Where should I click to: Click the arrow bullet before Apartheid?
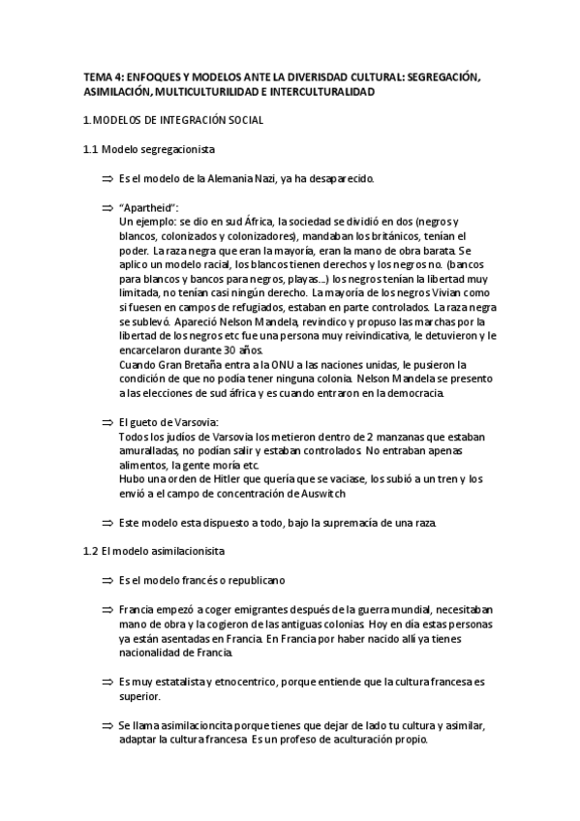coord(107,208)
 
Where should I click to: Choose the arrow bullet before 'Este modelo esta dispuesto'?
coord(107,523)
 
